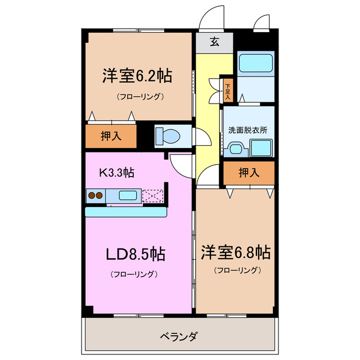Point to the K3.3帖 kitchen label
116,172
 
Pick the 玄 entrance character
214,41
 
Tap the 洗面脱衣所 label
247,130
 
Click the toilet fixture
167,136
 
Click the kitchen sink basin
127,196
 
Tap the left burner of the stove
92,196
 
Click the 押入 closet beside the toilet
111,136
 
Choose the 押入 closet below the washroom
249,173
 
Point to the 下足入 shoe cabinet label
228,92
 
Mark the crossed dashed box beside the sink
152,195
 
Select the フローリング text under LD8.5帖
133,274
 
